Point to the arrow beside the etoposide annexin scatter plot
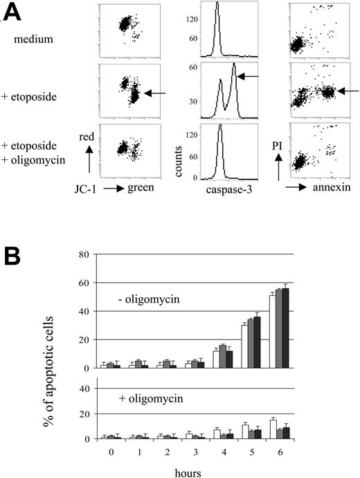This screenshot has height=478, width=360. tap(348, 90)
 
